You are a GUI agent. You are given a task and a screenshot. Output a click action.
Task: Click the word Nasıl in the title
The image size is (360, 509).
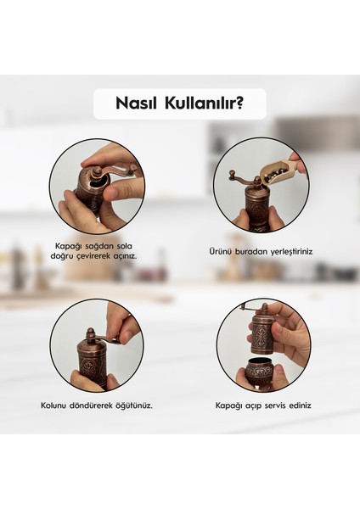pyautogui.click(x=139, y=104)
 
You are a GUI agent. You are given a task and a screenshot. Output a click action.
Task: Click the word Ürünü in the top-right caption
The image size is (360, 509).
pyautogui.click(x=221, y=252)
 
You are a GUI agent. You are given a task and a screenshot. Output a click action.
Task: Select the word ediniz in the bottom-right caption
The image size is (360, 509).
pyautogui.click(x=300, y=406)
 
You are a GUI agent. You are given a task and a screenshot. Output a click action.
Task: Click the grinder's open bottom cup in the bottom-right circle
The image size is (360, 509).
pyautogui.click(x=259, y=372)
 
